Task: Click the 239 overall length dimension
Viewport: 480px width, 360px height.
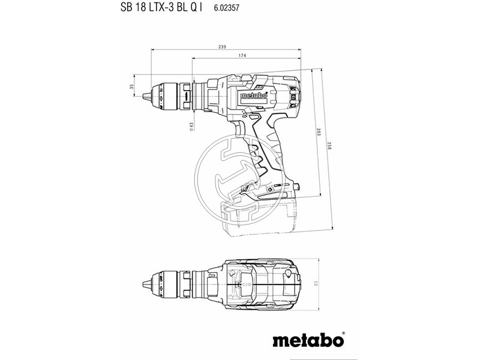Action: pos(222,47)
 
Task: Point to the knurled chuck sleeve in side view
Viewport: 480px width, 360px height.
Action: pos(170,94)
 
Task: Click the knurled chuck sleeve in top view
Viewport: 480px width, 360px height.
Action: pos(170,283)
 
